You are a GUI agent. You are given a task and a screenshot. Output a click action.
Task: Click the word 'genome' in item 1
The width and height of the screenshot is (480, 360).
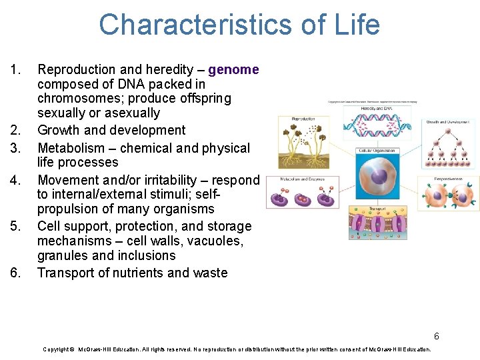233,69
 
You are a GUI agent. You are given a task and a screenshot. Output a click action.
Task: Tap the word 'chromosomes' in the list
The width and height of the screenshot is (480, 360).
77,99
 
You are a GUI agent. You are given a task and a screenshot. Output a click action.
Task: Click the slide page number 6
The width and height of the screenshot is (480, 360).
437,336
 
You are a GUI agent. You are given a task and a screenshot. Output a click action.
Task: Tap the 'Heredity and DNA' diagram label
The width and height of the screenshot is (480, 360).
377,109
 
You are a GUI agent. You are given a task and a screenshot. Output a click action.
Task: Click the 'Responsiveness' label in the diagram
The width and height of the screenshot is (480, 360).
448,179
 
